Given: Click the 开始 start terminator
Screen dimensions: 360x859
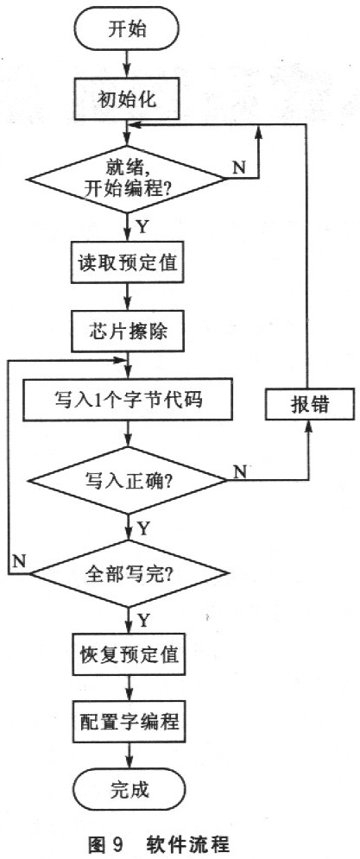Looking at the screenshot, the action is [128, 28].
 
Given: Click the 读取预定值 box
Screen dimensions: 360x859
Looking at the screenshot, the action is [127, 263].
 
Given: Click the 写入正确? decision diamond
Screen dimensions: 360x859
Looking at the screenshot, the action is [127, 481].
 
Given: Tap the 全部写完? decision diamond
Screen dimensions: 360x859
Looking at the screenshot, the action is [127, 573].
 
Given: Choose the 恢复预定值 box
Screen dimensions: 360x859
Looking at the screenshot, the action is [127, 655].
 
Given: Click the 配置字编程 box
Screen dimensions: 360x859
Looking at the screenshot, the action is [127, 722].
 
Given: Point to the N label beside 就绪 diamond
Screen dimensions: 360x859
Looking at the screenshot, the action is [240, 167].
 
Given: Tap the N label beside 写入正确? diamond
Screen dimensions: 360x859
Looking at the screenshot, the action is [240, 471].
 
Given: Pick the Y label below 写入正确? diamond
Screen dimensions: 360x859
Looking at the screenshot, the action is [143, 528].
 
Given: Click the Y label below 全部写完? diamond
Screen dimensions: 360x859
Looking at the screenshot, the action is [143, 621].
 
